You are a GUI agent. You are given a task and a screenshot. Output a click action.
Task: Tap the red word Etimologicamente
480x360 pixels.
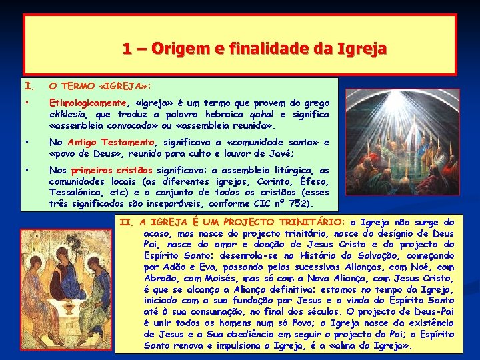tap(88, 103)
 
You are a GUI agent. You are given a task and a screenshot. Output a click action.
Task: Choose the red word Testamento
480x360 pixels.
tap(129, 142)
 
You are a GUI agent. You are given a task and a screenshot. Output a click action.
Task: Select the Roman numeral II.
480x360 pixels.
tap(125, 222)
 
